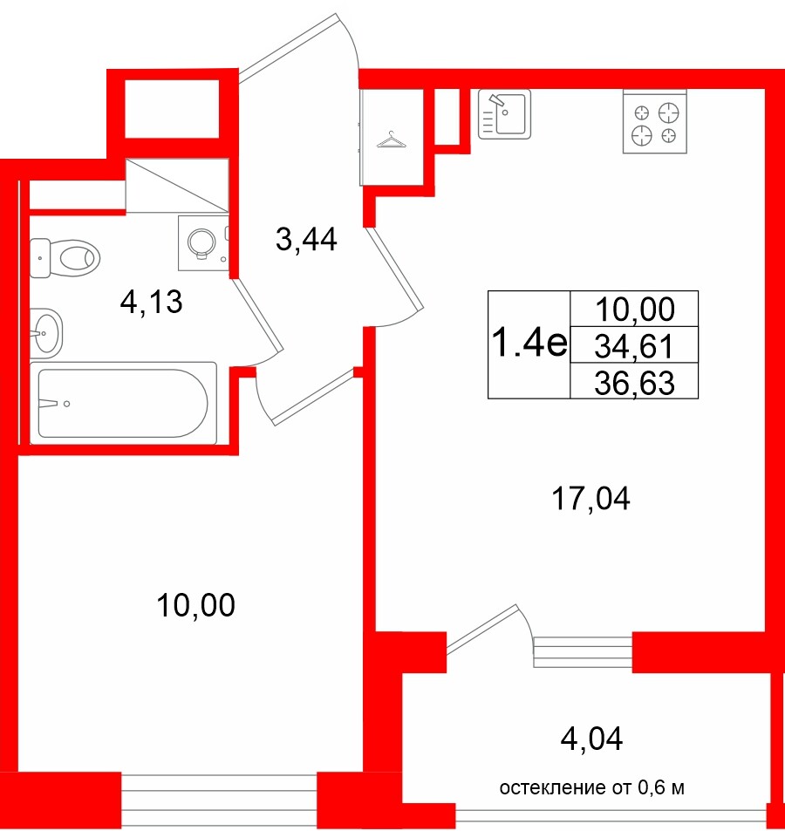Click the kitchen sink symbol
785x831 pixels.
pyautogui.click(x=504, y=115)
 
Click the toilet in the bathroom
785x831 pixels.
pyautogui.click(x=70, y=257)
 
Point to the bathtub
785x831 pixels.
pyautogui.click(x=123, y=403)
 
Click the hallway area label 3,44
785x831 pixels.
pyautogui.click(x=305, y=238)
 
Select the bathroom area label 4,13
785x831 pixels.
pyautogui.click(x=151, y=303)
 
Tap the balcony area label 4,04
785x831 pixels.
pyautogui.click(x=592, y=740)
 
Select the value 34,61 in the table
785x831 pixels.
pyautogui.click(x=633, y=346)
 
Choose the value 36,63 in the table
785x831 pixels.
pyautogui.click(x=633, y=381)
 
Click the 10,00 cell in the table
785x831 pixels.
pyautogui.click(x=633, y=309)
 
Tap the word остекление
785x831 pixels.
pyautogui.click(x=552, y=789)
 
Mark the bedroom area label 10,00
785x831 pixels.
pyautogui.click(x=196, y=604)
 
